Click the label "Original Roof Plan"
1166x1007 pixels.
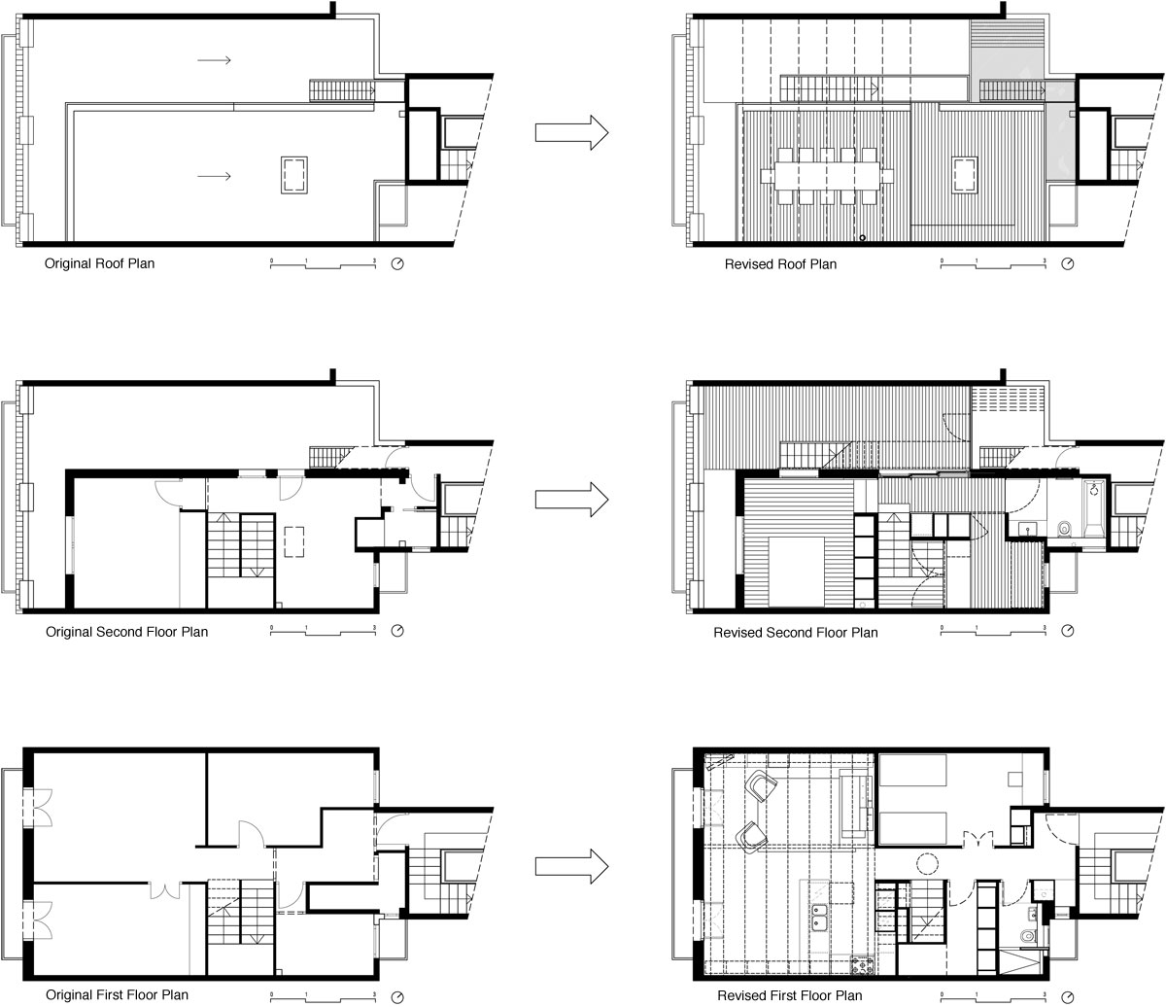coord(99,263)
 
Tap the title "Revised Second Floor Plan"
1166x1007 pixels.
coord(796,633)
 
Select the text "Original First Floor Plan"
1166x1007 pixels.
coord(117,994)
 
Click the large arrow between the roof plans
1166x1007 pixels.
coord(571,132)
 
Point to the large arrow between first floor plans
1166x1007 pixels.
coord(571,866)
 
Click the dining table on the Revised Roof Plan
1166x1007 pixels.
coord(827,176)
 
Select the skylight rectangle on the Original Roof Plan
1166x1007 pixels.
coord(293,176)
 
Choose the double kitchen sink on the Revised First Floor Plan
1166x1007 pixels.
coord(819,918)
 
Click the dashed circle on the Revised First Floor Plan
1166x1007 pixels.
coord(926,863)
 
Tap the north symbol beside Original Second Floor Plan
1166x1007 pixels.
coord(397,631)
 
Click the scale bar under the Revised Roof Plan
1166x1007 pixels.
coord(993,263)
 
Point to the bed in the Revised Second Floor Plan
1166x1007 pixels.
coord(796,572)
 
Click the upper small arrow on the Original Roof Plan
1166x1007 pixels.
coord(214,60)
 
